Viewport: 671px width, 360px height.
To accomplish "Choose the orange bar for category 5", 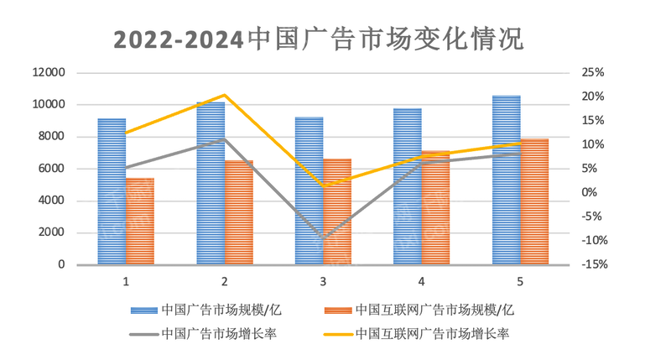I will click(534, 201).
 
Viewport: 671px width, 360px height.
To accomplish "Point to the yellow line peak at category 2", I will click(224, 95).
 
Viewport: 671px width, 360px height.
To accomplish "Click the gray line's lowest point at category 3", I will click(324, 239).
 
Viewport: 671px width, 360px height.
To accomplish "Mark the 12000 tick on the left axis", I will click(49, 73).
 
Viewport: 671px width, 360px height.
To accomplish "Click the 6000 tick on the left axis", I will click(52, 169).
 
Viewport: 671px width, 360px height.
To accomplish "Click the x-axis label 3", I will click(323, 280).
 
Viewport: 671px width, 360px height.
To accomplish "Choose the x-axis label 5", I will click(520, 280).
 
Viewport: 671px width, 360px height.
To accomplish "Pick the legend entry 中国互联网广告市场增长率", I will click(432, 333).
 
